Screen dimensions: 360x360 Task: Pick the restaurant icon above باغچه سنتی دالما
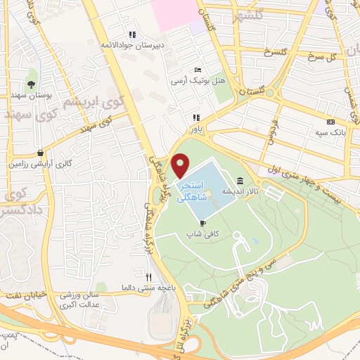coord(148,277)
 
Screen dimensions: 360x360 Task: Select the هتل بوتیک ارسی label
coord(199,81)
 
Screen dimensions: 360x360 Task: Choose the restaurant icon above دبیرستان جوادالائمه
coord(131,34)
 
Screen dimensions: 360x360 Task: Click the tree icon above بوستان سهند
coord(31,84)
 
